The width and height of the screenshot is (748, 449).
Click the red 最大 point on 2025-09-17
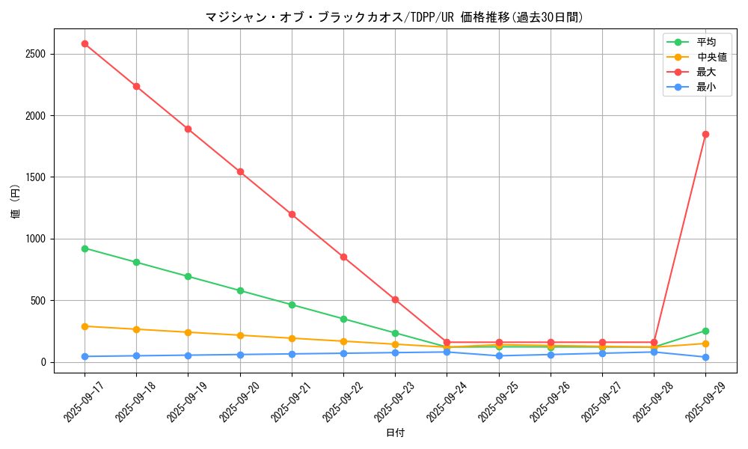click(85, 43)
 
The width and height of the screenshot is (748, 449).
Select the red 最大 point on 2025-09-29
click(705, 134)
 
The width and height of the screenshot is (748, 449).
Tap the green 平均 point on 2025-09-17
click(85, 248)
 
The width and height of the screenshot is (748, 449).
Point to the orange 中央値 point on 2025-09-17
click(85, 326)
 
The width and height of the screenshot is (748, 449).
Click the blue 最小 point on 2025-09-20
click(240, 355)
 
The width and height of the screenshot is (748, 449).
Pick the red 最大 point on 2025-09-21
click(292, 214)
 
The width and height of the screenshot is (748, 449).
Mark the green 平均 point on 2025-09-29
click(705, 331)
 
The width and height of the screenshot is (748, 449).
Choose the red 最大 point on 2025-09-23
click(395, 299)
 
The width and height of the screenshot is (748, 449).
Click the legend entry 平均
click(705, 42)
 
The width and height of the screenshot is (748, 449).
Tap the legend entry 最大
click(705, 72)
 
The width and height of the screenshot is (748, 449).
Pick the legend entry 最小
click(705, 87)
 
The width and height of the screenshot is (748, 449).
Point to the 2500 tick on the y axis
click(35, 54)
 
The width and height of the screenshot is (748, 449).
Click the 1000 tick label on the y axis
click(35, 239)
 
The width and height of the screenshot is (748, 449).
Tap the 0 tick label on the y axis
click(43, 362)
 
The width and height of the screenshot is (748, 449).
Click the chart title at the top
click(394, 17)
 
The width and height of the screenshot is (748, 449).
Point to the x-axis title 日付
click(395, 433)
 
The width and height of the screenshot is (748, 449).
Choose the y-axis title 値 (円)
click(16, 202)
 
